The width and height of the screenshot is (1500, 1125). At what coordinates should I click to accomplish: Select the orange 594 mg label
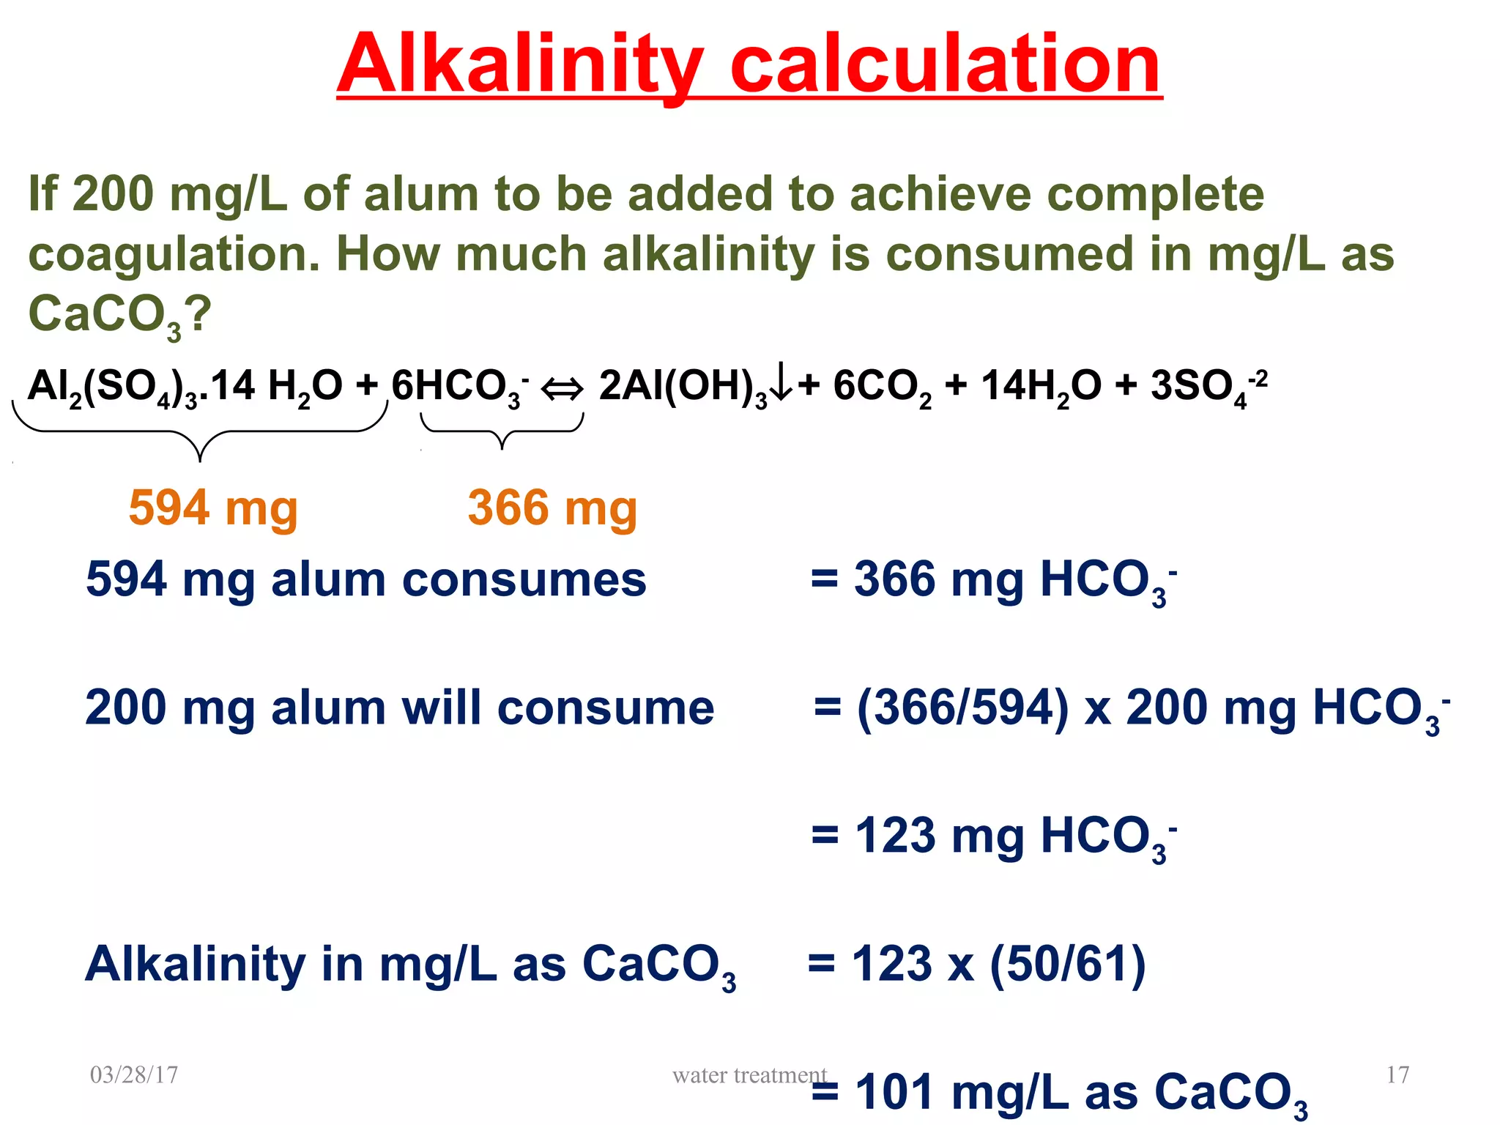(213, 508)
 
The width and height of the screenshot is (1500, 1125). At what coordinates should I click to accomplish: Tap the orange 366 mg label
(552, 508)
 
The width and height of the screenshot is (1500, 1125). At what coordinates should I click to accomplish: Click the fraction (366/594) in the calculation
(963, 708)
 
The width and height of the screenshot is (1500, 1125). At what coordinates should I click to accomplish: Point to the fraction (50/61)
(1067, 964)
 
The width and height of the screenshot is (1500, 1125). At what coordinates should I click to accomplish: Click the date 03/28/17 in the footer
(134, 1074)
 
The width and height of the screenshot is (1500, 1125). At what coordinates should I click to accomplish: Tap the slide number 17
(1397, 1074)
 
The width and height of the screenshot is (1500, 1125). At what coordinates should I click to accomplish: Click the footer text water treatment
(749, 1074)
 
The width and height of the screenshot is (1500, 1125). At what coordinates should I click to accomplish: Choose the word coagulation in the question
(174, 255)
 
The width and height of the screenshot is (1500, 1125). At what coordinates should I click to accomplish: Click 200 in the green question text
(114, 194)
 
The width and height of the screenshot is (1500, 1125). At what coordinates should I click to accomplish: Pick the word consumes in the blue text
(524, 580)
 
